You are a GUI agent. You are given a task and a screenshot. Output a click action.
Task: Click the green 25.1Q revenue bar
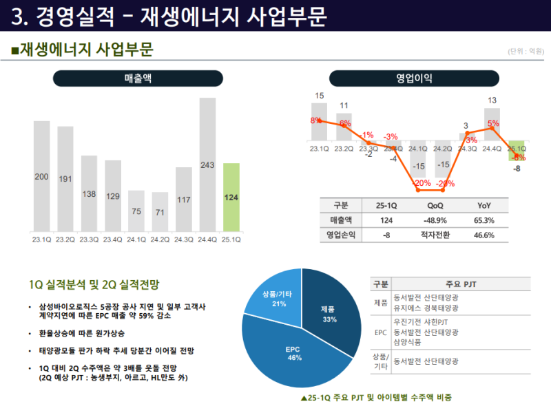click(x=231, y=197)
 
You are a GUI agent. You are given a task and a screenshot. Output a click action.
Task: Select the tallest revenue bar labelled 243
click(x=208, y=164)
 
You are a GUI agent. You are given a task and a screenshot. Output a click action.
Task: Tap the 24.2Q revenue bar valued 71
click(x=160, y=211)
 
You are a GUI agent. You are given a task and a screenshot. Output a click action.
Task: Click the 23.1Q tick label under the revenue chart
click(x=42, y=240)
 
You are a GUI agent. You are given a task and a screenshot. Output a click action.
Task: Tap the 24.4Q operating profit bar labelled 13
click(x=492, y=125)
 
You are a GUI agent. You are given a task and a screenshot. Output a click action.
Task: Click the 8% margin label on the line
click(x=315, y=120)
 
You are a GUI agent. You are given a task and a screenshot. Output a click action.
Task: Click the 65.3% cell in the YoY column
click(x=484, y=220)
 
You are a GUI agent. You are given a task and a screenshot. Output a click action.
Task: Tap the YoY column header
click(x=484, y=205)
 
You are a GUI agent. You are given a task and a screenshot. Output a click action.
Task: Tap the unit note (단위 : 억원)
click(x=525, y=51)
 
